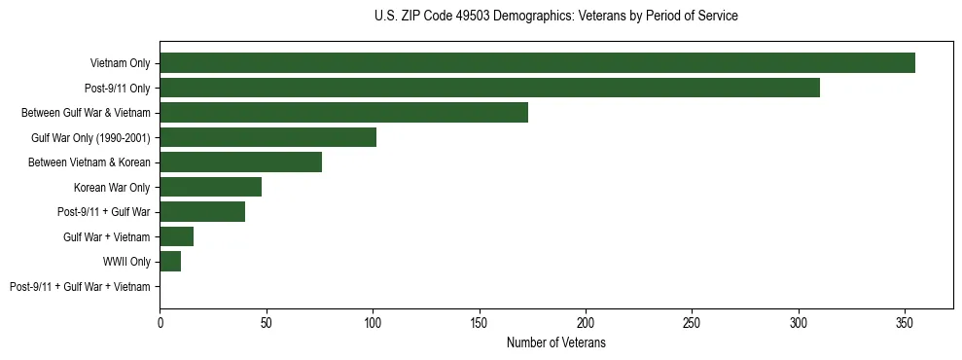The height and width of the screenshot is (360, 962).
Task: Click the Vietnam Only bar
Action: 537,63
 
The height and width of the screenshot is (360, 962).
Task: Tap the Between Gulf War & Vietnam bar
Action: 343,113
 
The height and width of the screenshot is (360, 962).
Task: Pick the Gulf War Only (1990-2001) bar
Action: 267,137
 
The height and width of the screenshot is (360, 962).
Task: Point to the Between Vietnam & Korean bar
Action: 240,162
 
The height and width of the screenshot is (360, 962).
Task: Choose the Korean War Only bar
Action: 210,187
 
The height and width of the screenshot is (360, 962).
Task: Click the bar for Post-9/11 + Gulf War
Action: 202,212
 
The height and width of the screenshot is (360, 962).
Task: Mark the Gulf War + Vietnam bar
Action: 176,236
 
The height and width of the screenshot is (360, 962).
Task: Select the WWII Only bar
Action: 170,262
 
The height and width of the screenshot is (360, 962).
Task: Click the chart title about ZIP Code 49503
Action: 555,17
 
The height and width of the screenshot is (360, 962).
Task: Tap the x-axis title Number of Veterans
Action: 555,342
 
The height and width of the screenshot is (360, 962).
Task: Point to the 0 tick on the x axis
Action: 160,322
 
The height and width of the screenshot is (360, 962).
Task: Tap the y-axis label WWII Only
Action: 126,262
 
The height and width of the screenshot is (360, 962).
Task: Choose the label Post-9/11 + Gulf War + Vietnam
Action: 80,287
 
